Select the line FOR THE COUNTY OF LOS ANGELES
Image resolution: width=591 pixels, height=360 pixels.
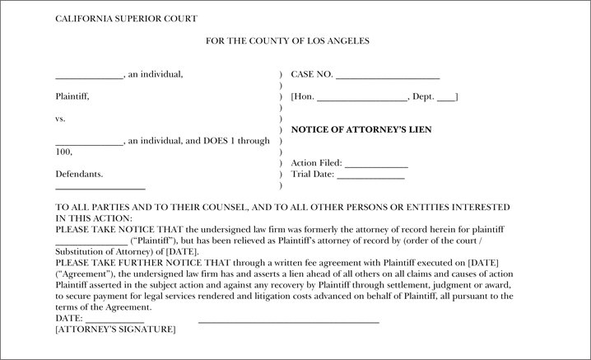click(x=288, y=40)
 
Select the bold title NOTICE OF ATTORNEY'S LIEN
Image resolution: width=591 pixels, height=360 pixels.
click(x=361, y=130)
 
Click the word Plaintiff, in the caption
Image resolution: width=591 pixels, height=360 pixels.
click(x=72, y=96)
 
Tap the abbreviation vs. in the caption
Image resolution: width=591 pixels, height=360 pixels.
click(x=60, y=119)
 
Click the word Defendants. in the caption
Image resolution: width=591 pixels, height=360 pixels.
click(x=79, y=175)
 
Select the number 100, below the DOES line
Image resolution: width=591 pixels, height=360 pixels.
click(x=63, y=152)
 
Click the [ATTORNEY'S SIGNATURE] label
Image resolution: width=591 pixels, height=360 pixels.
click(x=115, y=330)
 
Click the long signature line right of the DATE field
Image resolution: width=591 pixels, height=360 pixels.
click(x=288, y=319)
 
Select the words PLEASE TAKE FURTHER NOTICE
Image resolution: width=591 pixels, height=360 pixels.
click(x=127, y=262)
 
